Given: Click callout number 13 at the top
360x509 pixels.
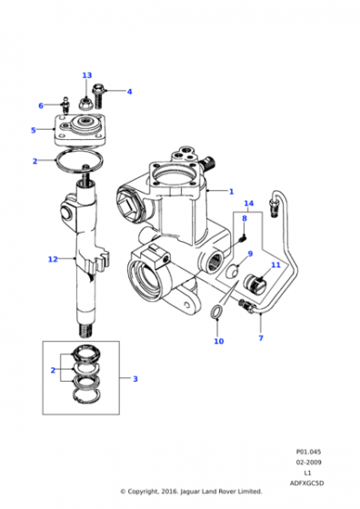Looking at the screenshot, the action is point(87,75).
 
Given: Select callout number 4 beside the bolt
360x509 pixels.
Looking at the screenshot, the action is point(129,92).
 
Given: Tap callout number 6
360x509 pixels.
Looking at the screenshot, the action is point(41,105).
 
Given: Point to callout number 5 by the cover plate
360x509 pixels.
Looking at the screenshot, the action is point(34,130).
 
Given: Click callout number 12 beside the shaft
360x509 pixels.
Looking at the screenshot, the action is point(53,259).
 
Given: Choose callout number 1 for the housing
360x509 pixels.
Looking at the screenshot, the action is point(232,192).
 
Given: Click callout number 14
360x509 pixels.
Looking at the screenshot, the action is point(249,204).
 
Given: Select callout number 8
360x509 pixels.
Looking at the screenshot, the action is point(245,218).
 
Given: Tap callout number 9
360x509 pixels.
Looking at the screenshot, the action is point(250,254).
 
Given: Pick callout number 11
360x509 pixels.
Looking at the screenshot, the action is point(275,264).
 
